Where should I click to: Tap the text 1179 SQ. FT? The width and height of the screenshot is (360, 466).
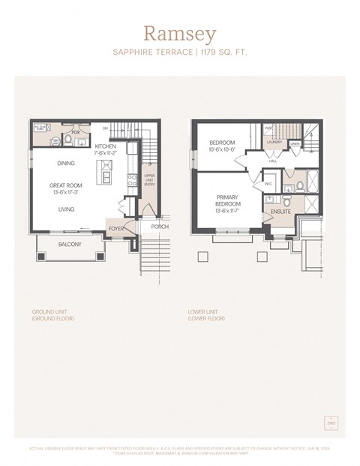[220, 53]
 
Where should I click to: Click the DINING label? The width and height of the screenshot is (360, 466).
[65, 163]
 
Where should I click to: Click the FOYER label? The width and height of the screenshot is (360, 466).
[116, 228]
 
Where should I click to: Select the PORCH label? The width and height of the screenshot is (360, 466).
[159, 227]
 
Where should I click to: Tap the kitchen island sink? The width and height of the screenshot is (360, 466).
[106, 177]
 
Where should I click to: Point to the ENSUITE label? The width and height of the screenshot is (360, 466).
[281, 212]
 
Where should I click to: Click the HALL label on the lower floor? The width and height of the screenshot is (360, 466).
[272, 160]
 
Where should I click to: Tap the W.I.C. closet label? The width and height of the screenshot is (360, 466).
[268, 182]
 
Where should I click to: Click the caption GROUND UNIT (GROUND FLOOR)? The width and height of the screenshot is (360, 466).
[52, 315]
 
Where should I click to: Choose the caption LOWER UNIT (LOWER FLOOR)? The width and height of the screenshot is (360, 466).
[206, 315]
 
